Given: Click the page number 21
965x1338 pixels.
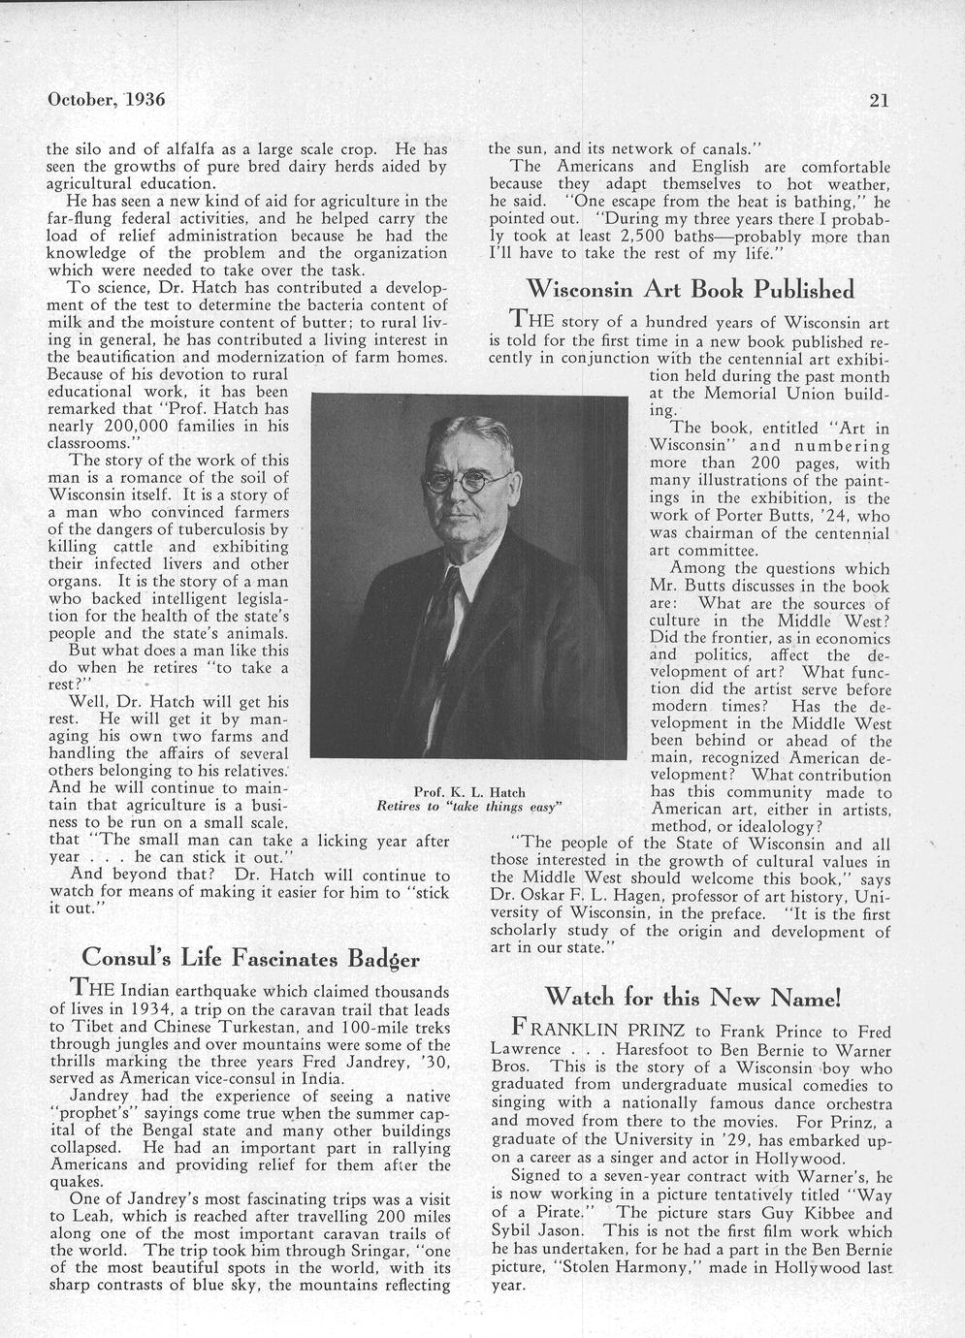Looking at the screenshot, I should coord(880,99).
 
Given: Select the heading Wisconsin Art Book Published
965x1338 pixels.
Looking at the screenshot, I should coord(690,289).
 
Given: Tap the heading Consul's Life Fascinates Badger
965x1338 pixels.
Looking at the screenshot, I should coord(250,958).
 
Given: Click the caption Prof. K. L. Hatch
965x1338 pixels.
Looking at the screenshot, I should coord(469,792).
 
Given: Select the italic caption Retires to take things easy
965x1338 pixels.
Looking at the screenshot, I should coord(469,807).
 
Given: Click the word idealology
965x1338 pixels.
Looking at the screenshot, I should coord(772,826).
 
